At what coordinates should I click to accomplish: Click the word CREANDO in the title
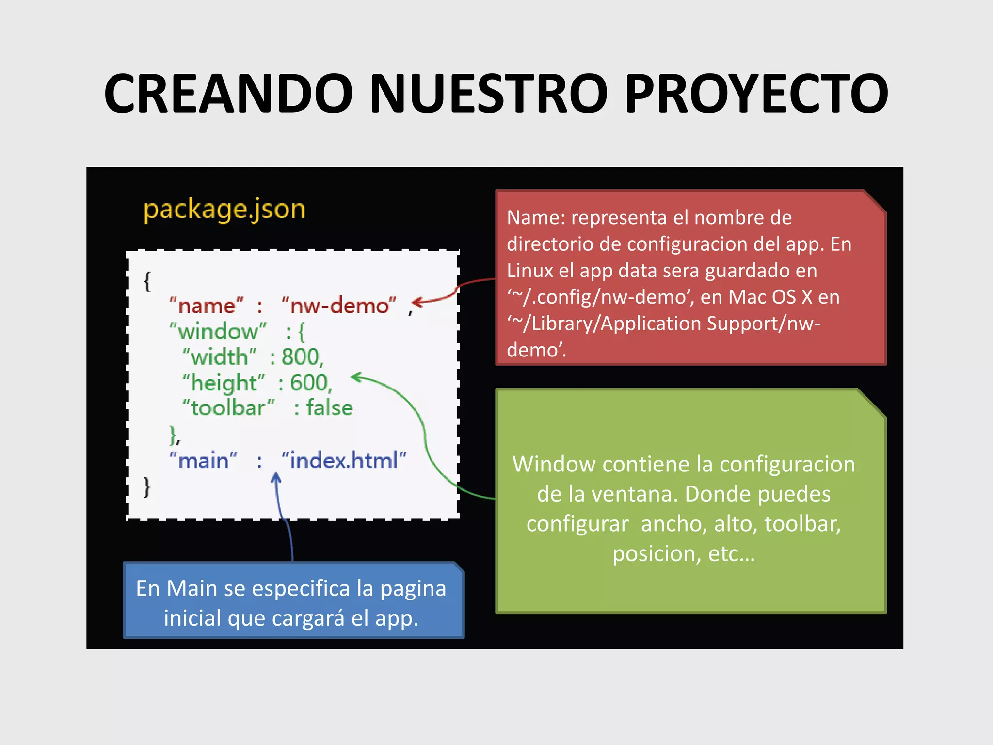[228, 93]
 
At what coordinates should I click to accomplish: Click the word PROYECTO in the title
[756, 93]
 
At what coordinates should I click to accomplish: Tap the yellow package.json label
[224, 210]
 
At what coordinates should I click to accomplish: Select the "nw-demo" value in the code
[339, 306]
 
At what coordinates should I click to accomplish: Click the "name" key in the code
[206, 306]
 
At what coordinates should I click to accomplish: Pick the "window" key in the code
[218, 332]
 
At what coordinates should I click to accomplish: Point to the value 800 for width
[301, 357]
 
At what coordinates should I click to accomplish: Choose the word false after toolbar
[329, 408]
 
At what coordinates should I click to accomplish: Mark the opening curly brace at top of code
[147, 281]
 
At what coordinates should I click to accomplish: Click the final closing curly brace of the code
[147, 487]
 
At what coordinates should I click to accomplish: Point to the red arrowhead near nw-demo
[417, 302]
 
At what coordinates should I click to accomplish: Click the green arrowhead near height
[356, 377]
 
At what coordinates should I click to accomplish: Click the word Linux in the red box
[529, 271]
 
